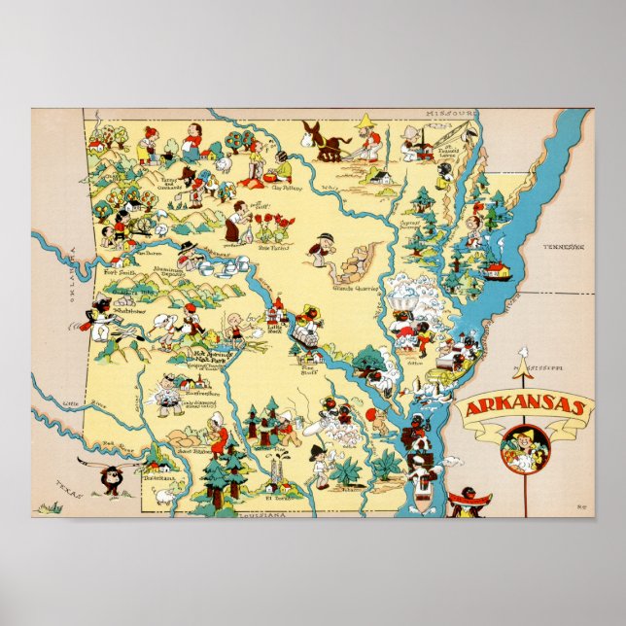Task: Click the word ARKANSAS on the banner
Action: (524, 407)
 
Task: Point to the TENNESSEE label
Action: (565, 247)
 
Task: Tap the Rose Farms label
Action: (273, 246)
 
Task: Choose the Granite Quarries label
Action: (354, 288)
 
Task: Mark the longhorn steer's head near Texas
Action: (111, 478)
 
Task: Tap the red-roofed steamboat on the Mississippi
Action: (498, 269)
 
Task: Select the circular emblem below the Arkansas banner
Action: (526, 448)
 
